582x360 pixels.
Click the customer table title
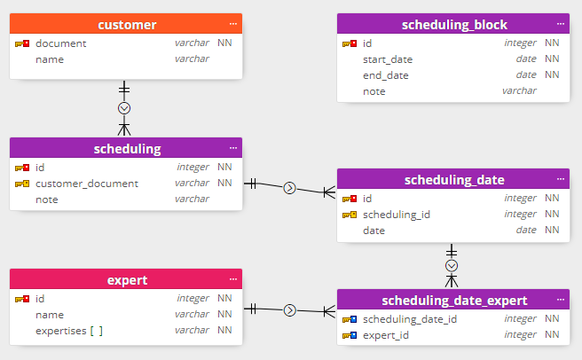point(127,25)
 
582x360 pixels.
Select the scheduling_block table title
point(454,25)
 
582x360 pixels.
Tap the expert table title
point(127,281)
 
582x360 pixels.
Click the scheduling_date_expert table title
point(454,301)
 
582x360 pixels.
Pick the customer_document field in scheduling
point(87,184)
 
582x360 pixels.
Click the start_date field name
point(388,59)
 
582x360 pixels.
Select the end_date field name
point(386,75)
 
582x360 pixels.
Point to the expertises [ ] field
point(69,331)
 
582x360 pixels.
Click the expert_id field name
point(386,336)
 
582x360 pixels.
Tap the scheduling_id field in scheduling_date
point(397,215)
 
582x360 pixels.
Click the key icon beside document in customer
point(23,43)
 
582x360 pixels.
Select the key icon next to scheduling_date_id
point(350,319)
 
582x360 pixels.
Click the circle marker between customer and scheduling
point(124,107)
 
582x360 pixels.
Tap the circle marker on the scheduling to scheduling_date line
point(289,188)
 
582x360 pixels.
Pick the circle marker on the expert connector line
point(289,310)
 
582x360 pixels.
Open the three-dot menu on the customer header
point(233,24)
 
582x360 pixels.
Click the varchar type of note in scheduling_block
point(519,90)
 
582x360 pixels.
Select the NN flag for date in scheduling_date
point(552,231)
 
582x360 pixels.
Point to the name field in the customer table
point(50,59)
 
